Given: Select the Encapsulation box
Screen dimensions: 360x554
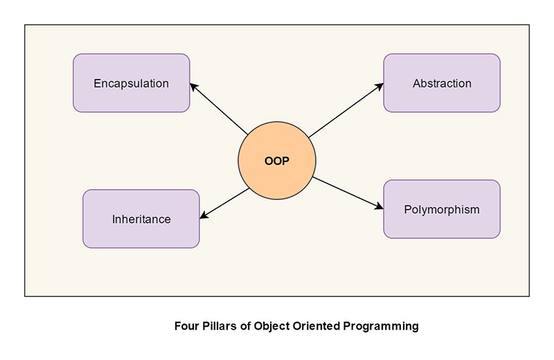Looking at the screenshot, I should (132, 83).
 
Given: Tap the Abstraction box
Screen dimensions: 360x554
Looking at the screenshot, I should (442, 83).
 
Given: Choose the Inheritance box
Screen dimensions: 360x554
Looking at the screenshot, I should (141, 219).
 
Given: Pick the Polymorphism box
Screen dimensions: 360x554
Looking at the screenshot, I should (442, 209).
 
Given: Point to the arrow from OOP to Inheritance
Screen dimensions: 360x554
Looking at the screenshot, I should (224, 204).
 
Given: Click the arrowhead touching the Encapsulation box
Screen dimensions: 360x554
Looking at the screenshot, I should (195, 87).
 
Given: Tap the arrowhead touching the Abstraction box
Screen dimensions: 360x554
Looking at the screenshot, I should (379, 87).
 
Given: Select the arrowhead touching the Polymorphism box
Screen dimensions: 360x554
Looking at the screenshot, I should (379, 206).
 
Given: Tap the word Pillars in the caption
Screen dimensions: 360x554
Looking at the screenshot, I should (217, 325).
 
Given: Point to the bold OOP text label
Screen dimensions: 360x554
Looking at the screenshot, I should (277, 161).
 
